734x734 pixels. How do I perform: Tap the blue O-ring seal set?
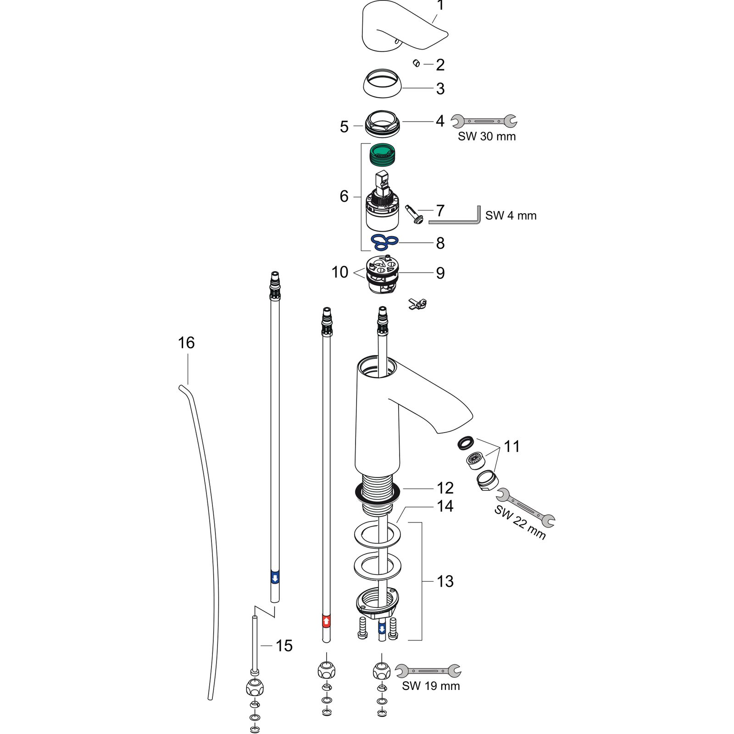point(384,242)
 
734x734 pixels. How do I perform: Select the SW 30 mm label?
point(487,136)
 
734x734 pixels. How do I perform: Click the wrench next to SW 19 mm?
point(428,671)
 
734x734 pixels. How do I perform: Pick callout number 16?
point(186,343)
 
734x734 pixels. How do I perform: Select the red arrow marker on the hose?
point(326,621)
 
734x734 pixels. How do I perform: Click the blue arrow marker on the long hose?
point(275,578)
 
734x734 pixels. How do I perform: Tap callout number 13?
point(445,581)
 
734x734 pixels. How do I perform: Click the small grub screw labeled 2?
point(417,63)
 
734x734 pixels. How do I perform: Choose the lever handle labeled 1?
point(399,28)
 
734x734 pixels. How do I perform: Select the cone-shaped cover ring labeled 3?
point(383,83)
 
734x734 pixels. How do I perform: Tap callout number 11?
point(512,446)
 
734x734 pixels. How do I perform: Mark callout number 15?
point(284,645)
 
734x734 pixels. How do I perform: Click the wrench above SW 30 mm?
point(484,121)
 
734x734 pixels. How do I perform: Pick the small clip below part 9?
point(418,303)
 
